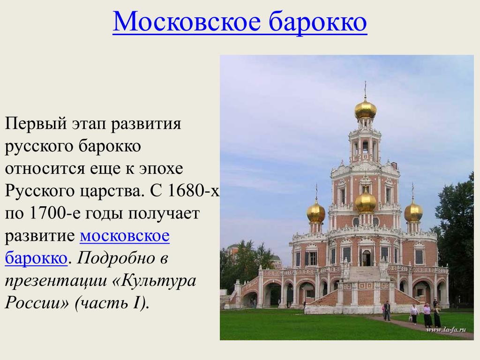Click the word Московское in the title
pos(187,21)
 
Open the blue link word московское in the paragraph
pos(125,236)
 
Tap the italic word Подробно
pos(118,259)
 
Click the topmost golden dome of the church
pos(365,109)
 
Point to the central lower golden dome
pos(366,202)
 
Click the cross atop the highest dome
pos(365,89)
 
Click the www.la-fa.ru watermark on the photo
pos(446,330)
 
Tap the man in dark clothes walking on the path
pos(387,310)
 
